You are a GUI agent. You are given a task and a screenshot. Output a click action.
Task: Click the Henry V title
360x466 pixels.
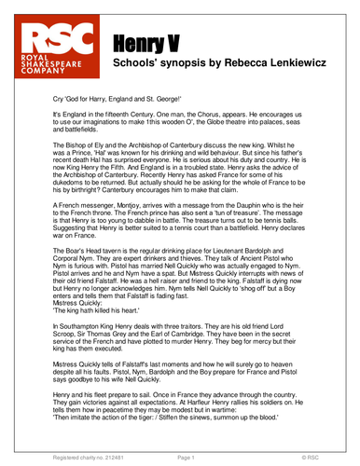tap(146, 42)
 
